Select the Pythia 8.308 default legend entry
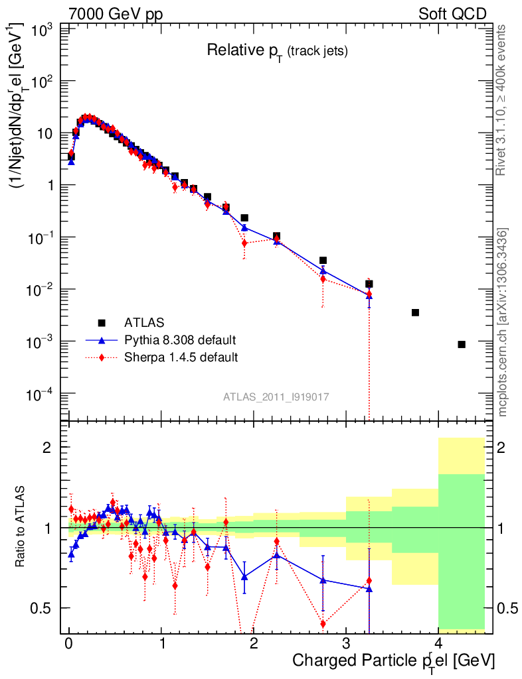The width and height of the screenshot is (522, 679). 179,340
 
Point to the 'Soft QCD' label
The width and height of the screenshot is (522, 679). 452,14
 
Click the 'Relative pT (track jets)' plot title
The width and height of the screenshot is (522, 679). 277,50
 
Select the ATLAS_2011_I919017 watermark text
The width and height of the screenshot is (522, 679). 276,397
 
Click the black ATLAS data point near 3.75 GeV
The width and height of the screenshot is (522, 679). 415,312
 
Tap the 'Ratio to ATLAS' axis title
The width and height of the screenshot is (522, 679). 22,528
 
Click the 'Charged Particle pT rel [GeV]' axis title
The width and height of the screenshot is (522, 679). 393,661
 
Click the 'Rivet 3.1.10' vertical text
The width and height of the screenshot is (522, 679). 503,99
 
